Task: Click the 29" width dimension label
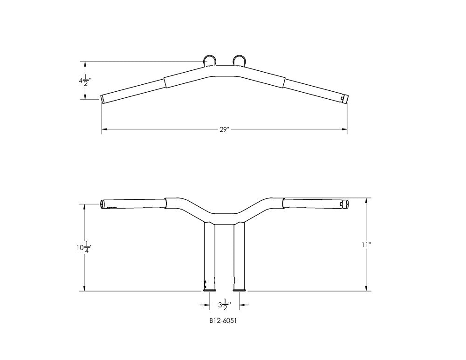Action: point(225,129)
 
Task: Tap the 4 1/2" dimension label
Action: point(85,80)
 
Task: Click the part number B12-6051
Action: point(223,321)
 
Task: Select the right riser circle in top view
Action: point(239,61)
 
